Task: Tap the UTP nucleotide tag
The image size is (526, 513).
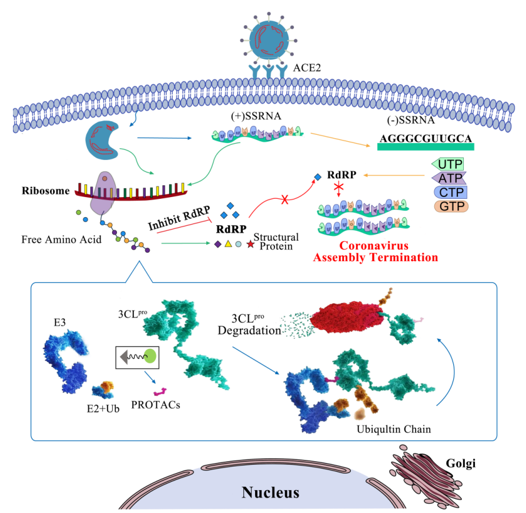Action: (x=450, y=163)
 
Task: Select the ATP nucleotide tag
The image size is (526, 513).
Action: (x=450, y=178)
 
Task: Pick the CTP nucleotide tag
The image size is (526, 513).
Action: (x=450, y=192)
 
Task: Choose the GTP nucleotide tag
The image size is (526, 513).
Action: (x=450, y=206)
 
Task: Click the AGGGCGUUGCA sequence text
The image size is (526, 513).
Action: (x=425, y=139)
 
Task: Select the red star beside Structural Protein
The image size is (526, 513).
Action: (x=250, y=244)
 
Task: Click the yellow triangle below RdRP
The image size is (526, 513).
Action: (x=228, y=244)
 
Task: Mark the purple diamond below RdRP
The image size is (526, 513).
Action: (x=217, y=244)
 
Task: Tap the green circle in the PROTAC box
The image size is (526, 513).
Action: (x=150, y=355)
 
